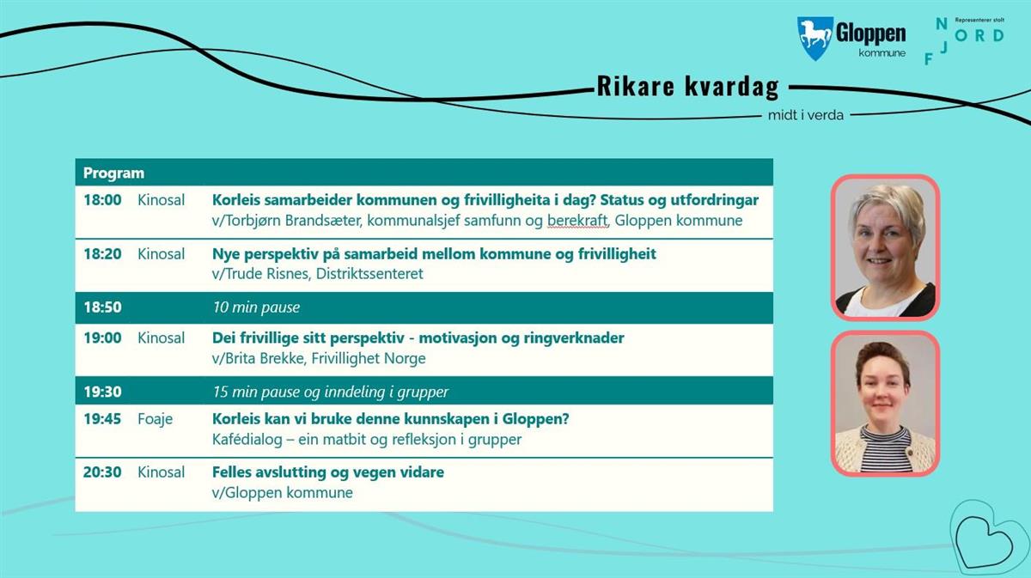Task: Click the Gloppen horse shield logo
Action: [814, 38]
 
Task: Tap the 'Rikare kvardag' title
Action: [687, 86]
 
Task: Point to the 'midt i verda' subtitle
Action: [806, 115]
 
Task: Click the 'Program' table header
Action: [113, 173]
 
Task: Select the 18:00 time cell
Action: [102, 200]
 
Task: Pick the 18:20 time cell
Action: [102, 253]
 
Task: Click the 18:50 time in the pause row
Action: [102, 307]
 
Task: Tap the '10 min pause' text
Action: [256, 307]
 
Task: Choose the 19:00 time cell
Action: [102, 338]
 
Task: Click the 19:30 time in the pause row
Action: [102, 392]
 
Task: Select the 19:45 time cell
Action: [102, 419]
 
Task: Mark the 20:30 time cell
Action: [102, 472]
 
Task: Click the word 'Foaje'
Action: [156, 419]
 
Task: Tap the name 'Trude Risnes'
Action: [267, 274]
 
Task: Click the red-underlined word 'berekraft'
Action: [577, 221]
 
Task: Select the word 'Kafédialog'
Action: [247, 440]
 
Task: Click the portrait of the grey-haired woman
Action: [885, 247]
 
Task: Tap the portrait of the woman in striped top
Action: [885, 404]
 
